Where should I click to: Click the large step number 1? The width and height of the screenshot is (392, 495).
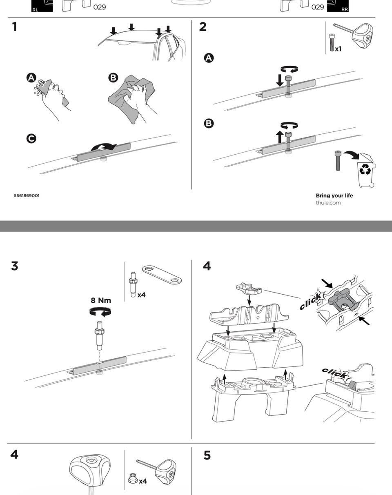15,27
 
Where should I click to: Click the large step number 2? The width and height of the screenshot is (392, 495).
203,27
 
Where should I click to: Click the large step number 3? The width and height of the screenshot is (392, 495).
15,266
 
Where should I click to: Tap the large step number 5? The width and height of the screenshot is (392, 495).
207,455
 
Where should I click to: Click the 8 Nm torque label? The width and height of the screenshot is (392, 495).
100,300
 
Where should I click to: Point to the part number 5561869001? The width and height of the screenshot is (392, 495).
27,195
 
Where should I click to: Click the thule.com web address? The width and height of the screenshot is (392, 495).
328,203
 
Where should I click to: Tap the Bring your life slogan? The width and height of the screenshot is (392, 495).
334,195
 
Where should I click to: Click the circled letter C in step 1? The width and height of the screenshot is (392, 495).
31,138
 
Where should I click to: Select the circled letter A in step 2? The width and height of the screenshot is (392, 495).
209,58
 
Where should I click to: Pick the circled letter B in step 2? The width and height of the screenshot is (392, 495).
209,123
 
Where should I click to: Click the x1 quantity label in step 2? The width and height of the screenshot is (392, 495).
338,49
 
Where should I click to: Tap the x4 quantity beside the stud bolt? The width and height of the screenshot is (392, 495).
141,295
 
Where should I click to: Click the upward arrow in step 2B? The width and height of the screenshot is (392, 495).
280,137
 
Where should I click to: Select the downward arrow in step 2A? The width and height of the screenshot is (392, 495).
280,80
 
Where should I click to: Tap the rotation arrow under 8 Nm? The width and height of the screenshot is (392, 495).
100,312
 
